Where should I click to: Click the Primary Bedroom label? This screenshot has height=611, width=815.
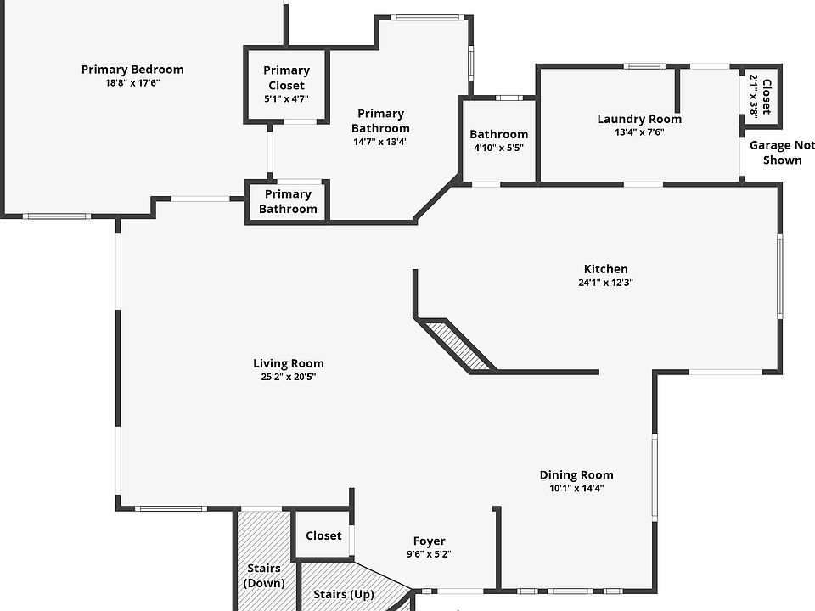[x=132, y=70]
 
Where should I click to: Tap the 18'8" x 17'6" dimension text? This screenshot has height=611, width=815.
[x=132, y=83]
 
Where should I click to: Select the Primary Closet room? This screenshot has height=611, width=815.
[x=286, y=85]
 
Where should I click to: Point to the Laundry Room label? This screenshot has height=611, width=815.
[x=639, y=119]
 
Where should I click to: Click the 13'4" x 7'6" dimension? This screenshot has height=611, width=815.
[x=639, y=132]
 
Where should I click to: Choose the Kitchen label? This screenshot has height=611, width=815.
[x=605, y=269]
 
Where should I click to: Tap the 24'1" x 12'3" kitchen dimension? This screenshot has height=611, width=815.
[x=605, y=283]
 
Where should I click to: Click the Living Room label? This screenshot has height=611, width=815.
[x=289, y=363]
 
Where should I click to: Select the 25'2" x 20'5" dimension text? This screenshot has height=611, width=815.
[x=289, y=377]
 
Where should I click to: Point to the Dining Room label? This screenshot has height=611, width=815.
[x=576, y=475]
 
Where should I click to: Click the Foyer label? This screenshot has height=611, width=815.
[x=429, y=541]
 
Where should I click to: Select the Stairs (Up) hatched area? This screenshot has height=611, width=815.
[x=344, y=586]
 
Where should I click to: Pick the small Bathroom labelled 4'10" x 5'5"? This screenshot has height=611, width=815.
[x=498, y=140]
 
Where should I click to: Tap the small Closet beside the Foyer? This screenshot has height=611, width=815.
[x=323, y=535]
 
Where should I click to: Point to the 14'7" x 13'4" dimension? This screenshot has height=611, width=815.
[x=380, y=142]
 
